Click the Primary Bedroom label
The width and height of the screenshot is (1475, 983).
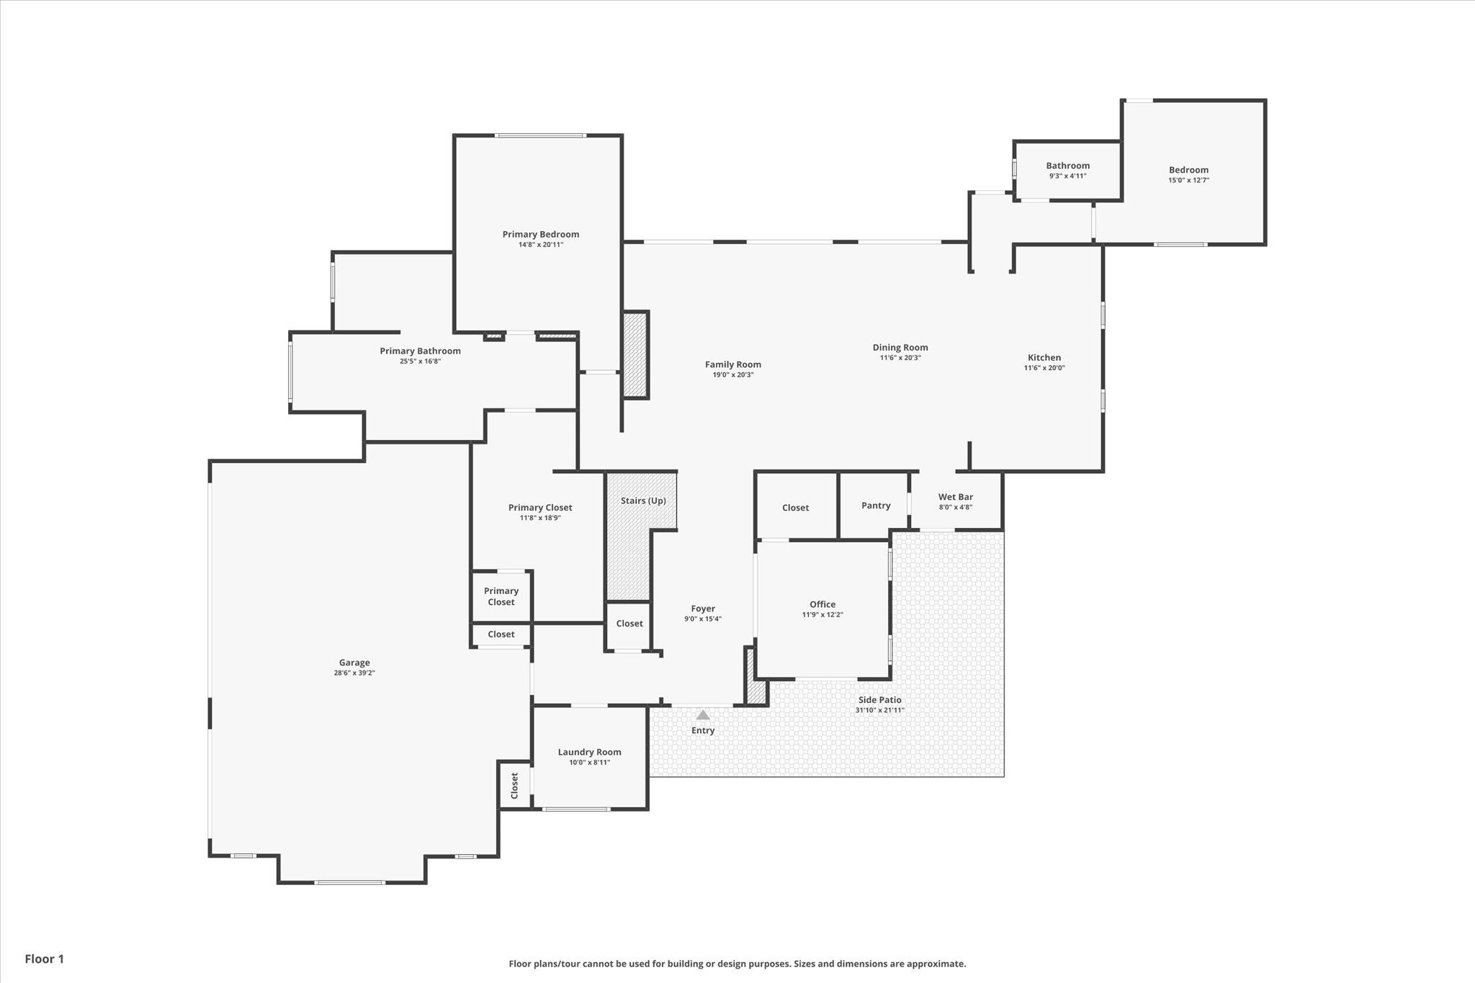point(540,234)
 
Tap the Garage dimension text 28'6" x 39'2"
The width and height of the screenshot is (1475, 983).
point(354,673)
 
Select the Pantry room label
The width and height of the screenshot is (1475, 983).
point(876,506)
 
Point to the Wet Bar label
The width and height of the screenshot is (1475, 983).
point(955,497)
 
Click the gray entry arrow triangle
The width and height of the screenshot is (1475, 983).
point(703,715)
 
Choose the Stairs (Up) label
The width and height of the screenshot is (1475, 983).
point(643,501)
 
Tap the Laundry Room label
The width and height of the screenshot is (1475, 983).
point(589,752)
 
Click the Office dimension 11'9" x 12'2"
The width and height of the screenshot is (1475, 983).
point(822,615)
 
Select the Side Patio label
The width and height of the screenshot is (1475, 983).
point(879,700)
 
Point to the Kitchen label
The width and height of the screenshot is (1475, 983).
point(1044,357)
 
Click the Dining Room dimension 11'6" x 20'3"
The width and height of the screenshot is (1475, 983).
point(900,358)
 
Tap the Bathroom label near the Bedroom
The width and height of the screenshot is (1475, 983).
point(1067,166)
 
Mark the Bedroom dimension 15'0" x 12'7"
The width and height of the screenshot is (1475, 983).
point(1188,181)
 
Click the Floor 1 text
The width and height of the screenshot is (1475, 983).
point(45,959)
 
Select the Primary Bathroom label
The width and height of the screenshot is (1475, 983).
point(420,351)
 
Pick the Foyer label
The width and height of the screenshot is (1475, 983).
point(703,609)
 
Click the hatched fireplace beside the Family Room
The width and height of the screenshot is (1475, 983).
point(636,355)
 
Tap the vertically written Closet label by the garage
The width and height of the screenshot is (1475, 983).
point(514,785)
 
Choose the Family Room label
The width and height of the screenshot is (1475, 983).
point(732,364)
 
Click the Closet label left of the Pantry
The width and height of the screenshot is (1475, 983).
point(795,508)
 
